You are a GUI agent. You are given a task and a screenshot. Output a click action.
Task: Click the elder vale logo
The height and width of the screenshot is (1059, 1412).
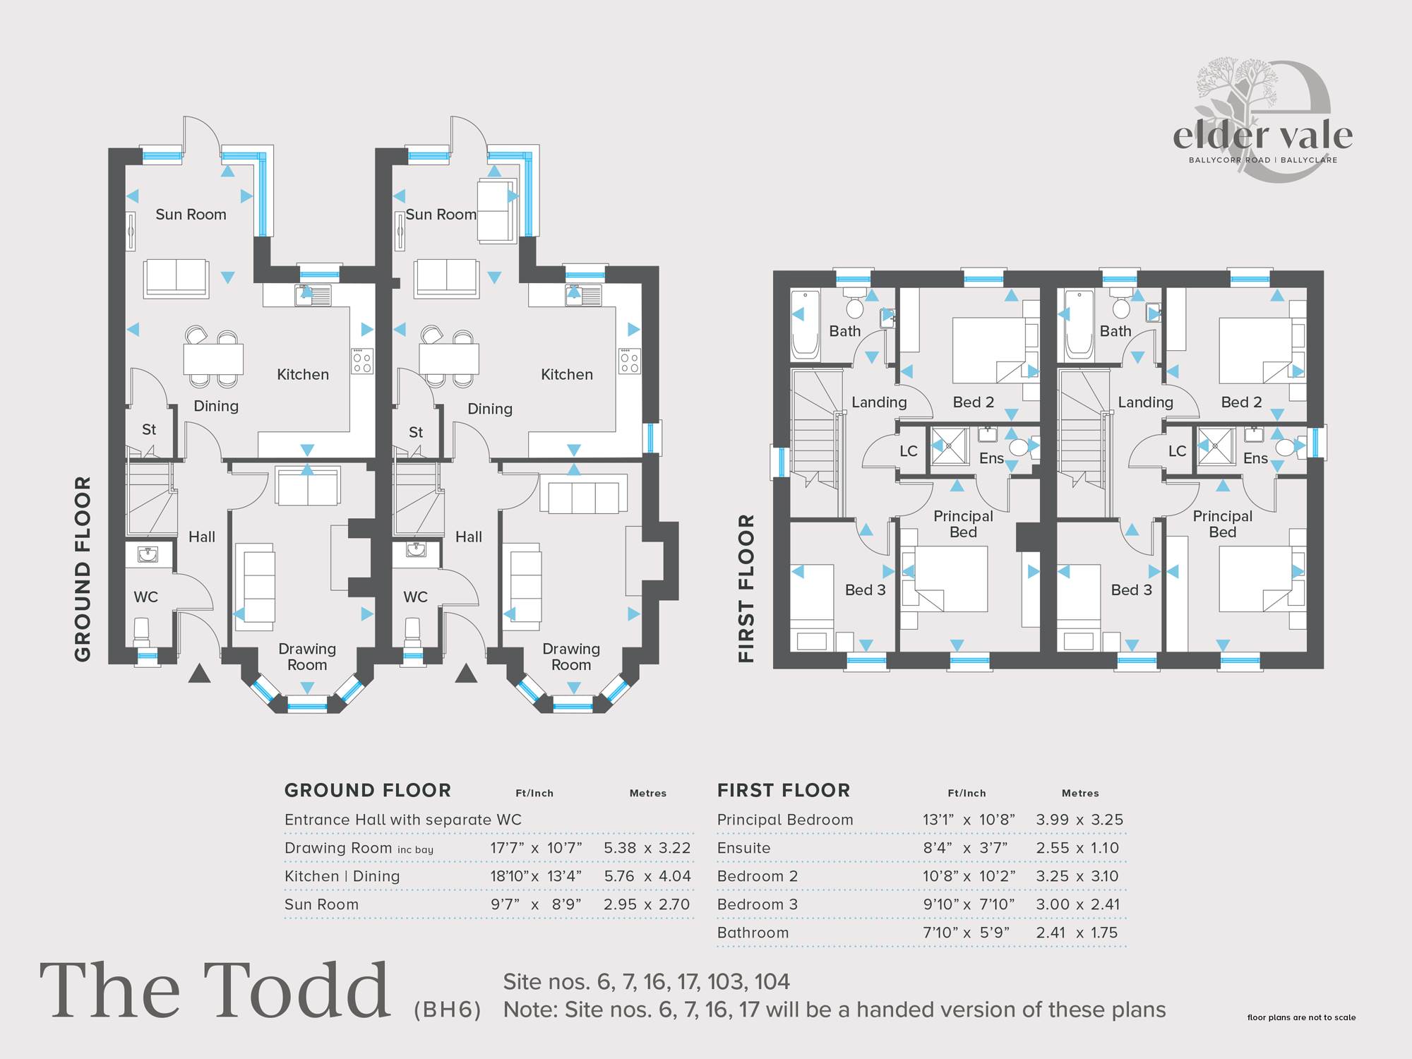point(1262,120)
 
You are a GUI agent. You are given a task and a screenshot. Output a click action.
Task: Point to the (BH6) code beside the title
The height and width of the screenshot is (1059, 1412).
point(448,1010)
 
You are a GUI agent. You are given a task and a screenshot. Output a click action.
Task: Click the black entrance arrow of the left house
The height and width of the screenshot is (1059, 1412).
point(200,674)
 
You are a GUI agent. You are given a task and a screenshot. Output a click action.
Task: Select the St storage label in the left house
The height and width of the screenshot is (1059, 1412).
point(149,429)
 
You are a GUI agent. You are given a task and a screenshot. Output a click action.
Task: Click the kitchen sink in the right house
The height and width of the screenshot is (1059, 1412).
point(583,295)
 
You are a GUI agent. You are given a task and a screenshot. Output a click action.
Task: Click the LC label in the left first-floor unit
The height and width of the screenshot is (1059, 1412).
point(909,451)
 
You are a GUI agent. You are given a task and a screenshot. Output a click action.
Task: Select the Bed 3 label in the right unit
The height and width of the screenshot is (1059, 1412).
point(1132,590)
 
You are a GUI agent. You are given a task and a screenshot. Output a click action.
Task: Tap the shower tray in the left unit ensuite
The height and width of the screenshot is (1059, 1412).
point(950,446)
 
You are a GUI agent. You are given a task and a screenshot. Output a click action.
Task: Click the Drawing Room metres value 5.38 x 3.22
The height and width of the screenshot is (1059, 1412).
point(647,848)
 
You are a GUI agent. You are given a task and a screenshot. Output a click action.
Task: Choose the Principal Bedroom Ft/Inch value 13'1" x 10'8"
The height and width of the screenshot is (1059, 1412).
point(969,820)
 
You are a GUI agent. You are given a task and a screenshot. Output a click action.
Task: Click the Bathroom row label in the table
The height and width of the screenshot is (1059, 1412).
point(753,933)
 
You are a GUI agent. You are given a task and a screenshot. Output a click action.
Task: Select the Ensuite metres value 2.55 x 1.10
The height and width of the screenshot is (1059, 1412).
point(1077,848)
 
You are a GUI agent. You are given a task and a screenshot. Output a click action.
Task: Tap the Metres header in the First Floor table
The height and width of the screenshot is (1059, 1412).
point(1080,794)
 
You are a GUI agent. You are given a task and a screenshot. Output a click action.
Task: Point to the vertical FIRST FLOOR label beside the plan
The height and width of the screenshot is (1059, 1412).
point(746,588)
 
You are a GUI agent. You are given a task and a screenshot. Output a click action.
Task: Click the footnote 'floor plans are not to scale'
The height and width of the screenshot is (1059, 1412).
point(1301,1017)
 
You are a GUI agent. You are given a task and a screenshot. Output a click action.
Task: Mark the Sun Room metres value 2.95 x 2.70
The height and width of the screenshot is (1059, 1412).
point(647,904)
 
